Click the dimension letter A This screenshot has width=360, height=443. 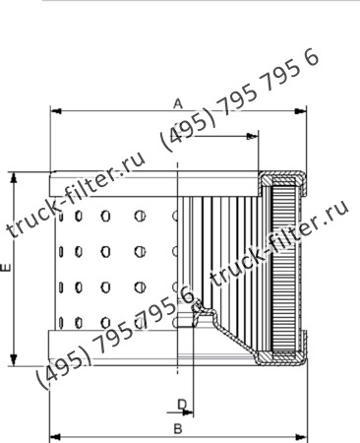[x=178, y=102]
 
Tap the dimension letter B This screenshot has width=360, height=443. [x=177, y=428]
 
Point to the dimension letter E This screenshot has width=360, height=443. [x=6, y=267]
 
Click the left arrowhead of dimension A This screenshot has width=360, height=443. [x=53, y=111]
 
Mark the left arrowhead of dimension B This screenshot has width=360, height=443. [x=53, y=435]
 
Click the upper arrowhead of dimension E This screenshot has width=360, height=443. [x=14, y=177]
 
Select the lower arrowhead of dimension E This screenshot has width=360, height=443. [x=14, y=358]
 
